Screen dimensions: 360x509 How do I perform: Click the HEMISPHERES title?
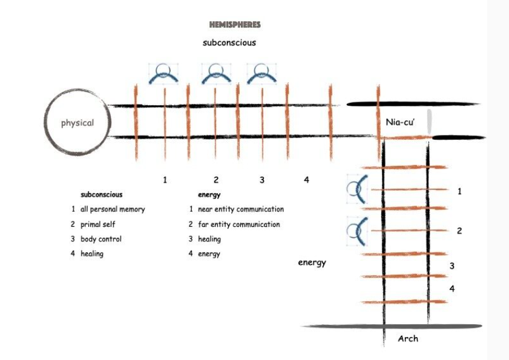coord(235,25)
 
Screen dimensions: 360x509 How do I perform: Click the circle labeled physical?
coord(77,123)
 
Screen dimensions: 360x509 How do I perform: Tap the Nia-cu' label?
coord(399,122)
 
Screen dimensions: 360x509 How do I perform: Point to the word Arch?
coord(407,338)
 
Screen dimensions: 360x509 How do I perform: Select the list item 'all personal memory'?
coord(113,209)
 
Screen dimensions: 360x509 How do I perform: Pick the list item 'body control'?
coord(101,239)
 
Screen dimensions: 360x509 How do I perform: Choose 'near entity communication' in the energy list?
coord(241,209)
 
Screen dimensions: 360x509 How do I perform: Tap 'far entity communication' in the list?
coord(239,224)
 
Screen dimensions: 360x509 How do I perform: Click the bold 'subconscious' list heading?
coord(102,195)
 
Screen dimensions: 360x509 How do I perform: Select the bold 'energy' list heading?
coord(209,195)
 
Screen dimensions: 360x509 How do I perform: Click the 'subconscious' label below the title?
coord(229,43)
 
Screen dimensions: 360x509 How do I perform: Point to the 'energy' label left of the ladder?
coord(312,263)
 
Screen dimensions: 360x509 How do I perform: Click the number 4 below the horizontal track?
coord(306,180)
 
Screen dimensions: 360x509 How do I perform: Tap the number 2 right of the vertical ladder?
coord(459,231)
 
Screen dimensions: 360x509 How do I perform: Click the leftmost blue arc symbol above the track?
coord(164,74)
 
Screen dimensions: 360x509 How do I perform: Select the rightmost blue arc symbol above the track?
coord(262,74)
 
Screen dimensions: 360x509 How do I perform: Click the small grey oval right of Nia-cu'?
coord(429,122)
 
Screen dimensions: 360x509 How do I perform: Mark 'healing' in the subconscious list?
coord(92,254)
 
